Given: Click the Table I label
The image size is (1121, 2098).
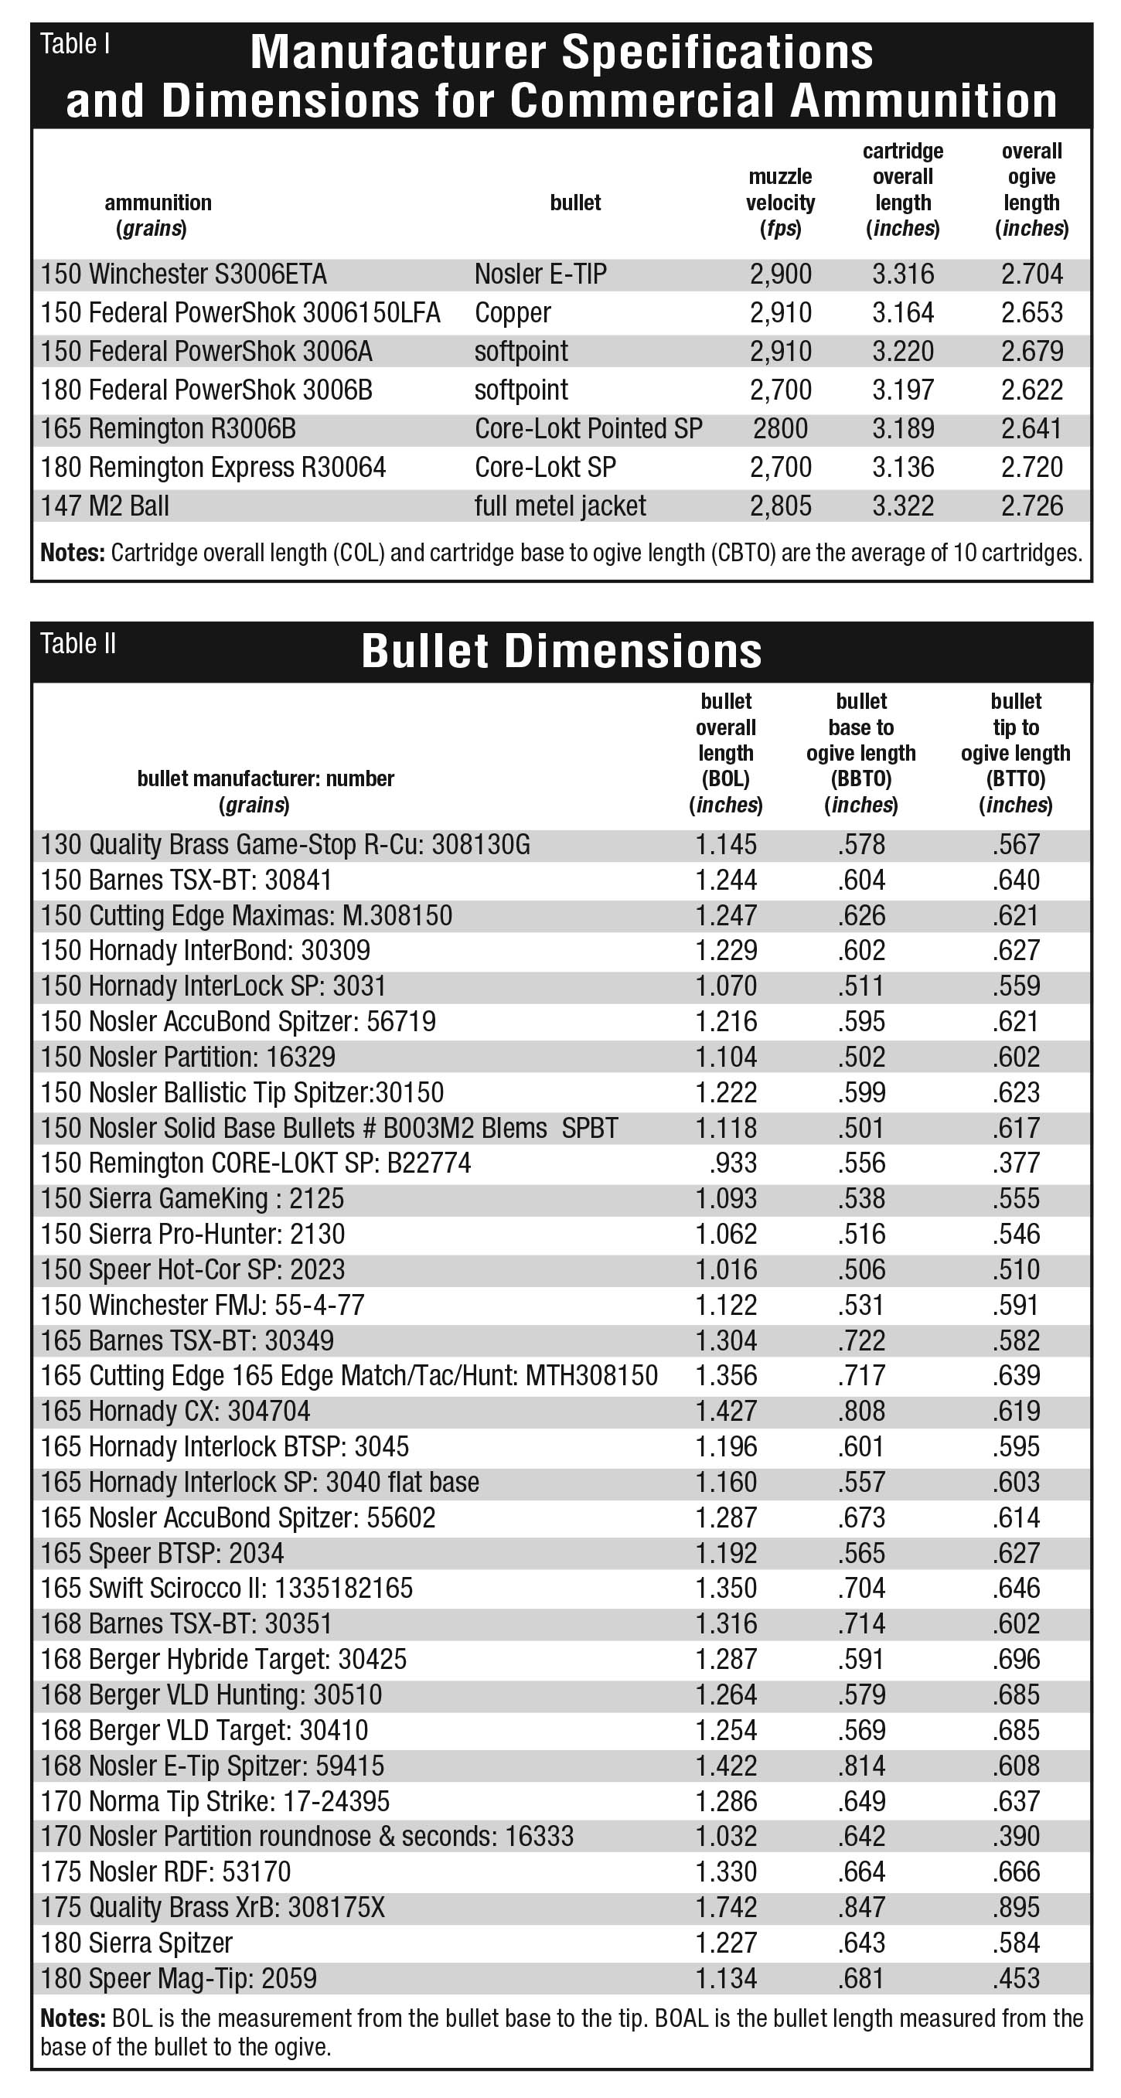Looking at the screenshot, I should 75,45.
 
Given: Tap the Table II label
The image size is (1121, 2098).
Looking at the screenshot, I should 78,644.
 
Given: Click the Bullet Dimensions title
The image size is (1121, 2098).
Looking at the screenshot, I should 561,652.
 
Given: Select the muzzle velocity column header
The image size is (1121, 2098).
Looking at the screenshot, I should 779,203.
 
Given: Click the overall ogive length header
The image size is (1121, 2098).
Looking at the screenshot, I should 1031,189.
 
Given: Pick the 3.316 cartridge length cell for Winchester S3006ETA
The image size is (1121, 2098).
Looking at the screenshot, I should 903,274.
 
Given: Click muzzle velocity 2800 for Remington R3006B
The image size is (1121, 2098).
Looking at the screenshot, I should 779,429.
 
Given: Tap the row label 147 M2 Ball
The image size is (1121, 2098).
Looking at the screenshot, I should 105,506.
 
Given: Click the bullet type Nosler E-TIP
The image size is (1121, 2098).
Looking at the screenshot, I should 540,274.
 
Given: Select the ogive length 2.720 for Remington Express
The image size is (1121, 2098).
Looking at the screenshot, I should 1031,468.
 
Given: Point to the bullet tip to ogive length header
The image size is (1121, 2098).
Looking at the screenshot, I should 1015,754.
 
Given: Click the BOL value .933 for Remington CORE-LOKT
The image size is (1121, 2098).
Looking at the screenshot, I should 732,1163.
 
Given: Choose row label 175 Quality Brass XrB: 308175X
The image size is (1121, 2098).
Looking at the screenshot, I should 213,1907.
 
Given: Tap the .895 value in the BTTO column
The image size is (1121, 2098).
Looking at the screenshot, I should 1016,1907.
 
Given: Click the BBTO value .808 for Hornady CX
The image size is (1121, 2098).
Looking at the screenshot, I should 861,1412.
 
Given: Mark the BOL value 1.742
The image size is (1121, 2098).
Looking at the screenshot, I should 726,1907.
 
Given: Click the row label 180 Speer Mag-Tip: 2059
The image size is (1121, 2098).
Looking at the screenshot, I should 179,1978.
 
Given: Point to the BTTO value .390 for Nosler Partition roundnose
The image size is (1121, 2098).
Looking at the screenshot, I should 1016,1837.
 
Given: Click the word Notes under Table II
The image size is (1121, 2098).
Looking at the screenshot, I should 73,2019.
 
